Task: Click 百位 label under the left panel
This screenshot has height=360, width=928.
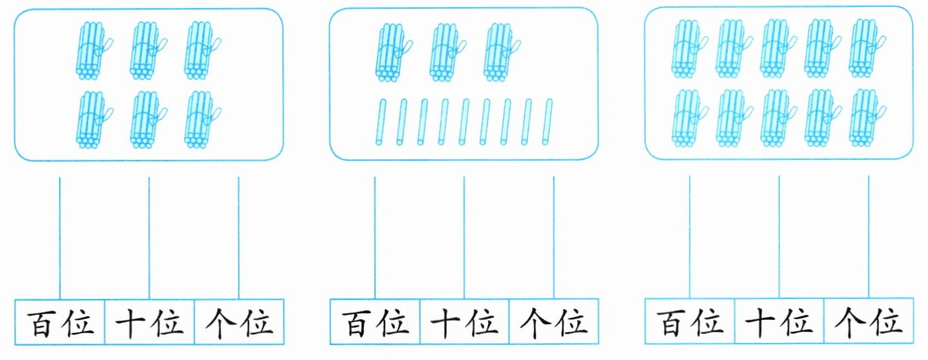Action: pos(61,323)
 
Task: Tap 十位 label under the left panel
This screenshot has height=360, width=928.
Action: pos(149,323)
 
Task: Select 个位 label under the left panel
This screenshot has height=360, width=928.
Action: pos(239,323)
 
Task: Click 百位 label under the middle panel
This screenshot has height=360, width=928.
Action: pos(376,323)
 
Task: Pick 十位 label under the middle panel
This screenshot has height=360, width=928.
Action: pos(465,323)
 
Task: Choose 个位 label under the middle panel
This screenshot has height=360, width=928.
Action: pos(554,323)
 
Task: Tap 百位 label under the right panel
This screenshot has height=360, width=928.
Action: pos(690,323)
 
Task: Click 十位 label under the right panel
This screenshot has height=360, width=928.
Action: pos(779,323)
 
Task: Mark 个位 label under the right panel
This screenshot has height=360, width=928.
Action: pos(869,323)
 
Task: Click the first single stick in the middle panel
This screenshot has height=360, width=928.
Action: pos(380,122)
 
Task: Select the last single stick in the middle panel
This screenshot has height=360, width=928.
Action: pos(547,122)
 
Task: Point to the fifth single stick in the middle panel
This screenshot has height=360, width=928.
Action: pos(463,122)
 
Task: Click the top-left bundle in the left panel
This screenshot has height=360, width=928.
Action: pos(94,50)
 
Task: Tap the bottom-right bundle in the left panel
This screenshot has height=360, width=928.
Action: pos(202,120)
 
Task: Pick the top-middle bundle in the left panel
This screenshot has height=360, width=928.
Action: pos(148,50)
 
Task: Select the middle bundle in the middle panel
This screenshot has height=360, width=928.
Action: pos(448,52)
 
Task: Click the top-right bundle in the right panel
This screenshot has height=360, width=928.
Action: pos(867,48)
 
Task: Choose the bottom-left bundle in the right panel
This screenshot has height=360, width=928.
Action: pos(689,118)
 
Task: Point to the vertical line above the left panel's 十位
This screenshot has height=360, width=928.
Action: pos(149,238)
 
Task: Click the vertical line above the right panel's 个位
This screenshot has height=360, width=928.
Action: pos(869,237)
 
